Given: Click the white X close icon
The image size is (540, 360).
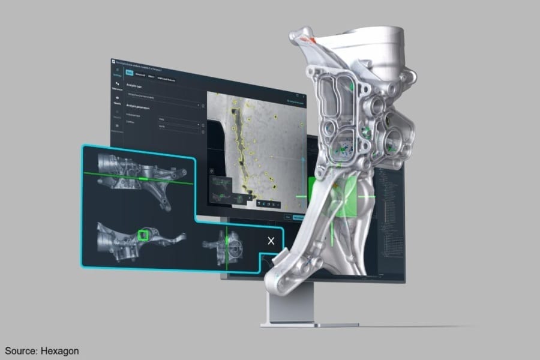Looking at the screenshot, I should [x=271, y=241].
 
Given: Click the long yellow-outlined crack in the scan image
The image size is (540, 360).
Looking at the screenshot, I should [x=243, y=150].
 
